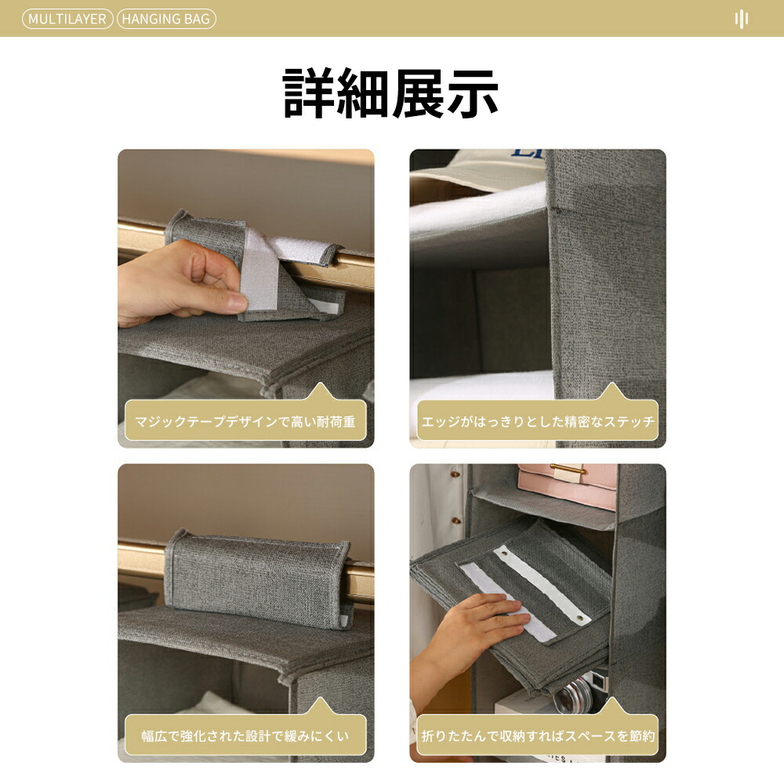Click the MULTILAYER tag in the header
click(x=67, y=19)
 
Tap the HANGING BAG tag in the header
click(x=166, y=19)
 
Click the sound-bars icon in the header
click(x=742, y=19)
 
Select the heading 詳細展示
click(x=390, y=93)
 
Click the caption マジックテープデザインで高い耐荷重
click(x=245, y=422)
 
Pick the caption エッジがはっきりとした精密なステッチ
click(x=538, y=422)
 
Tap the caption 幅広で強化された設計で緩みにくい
click(x=245, y=736)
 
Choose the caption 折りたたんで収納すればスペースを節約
click(x=538, y=736)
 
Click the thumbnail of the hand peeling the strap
click(x=246, y=299)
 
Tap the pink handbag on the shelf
click(x=568, y=485)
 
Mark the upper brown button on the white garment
click(x=455, y=474)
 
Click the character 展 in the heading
click(x=418, y=93)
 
